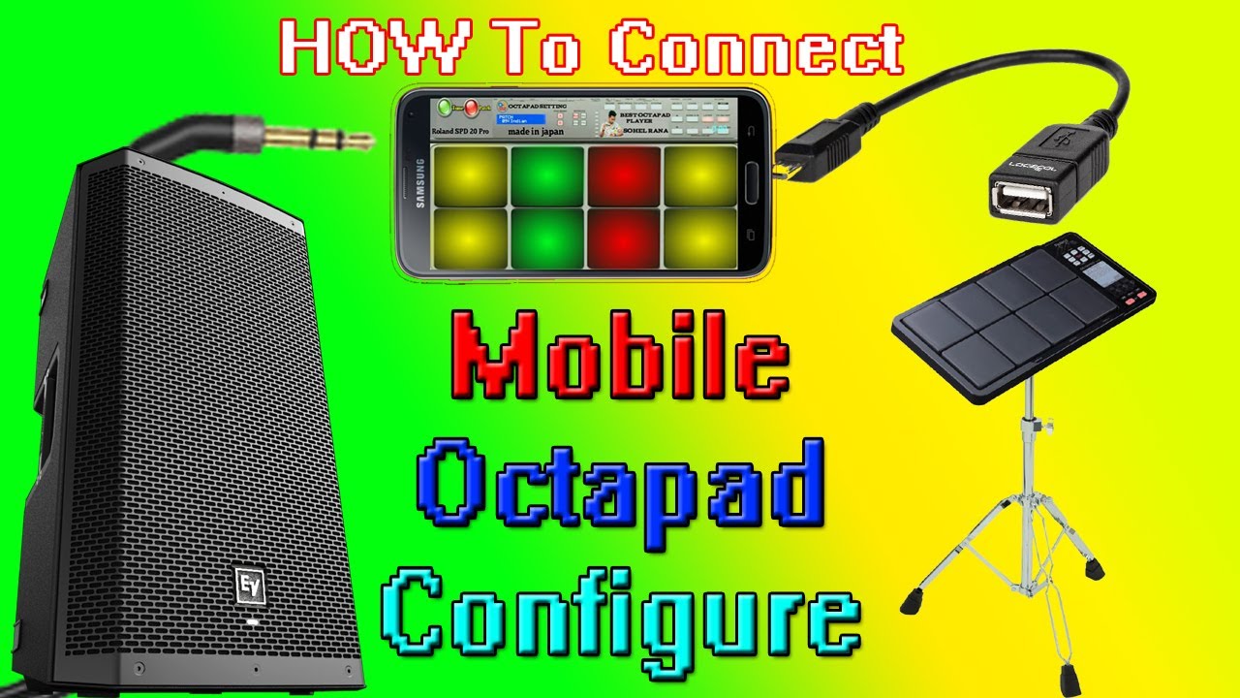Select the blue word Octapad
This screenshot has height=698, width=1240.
pos(620,482)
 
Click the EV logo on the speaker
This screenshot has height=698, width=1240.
pos(250,586)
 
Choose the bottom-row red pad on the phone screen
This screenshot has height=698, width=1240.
pos(624,238)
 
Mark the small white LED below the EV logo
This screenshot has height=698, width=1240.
pos(252,621)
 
